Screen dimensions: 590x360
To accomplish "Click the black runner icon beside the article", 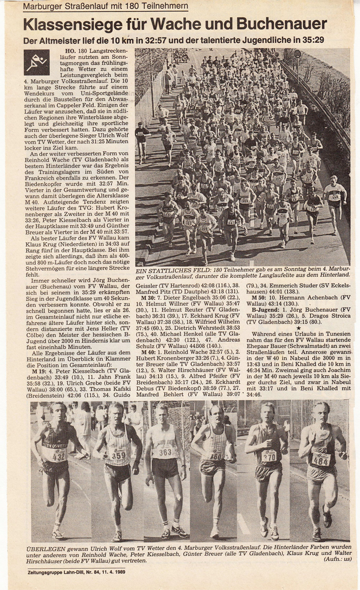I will point(37,62).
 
